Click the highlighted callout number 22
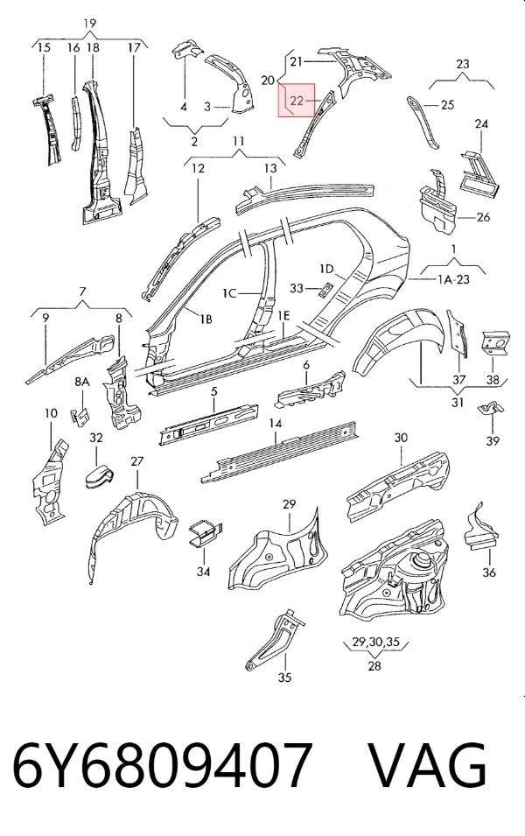point(297,100)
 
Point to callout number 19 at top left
point(89,24)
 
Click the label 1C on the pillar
point(229,293)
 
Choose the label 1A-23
point(453,279)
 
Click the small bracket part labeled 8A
point(80,417)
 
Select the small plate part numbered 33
point(325,289)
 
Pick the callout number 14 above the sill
point(275,424)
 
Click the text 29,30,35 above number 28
point(375,642)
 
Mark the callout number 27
point(137,460)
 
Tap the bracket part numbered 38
point(496,343)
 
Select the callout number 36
point(489,573)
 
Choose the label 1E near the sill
point(283,316)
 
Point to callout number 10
point(51,413)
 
